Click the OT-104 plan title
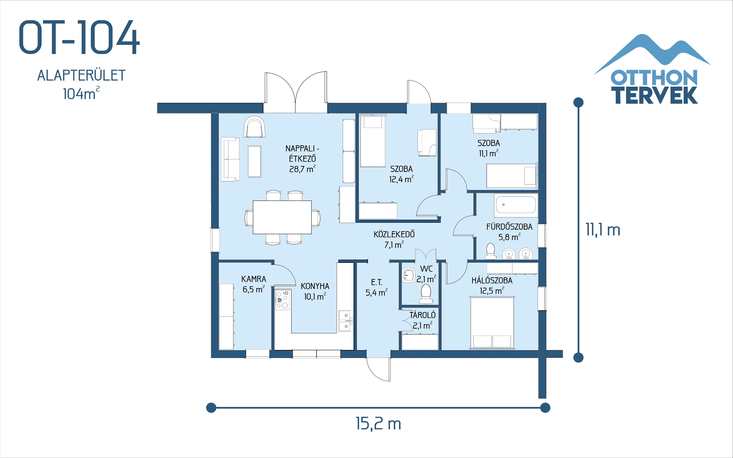pyautogui.click(x=79, y=38)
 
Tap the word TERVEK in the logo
pyautogui.click(x=656, y=95)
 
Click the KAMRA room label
pyautogui.click(x=254, y=279)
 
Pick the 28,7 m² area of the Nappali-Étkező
pyautogui.click(x=302, y=169)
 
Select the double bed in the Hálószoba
pyautogui.click(x=492, y=322)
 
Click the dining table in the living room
pyautogui.click(x=282, y=217)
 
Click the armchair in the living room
pyautogui.click(x=254, y=127)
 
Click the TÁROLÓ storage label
pyautogui.click(x=423, y=315)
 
